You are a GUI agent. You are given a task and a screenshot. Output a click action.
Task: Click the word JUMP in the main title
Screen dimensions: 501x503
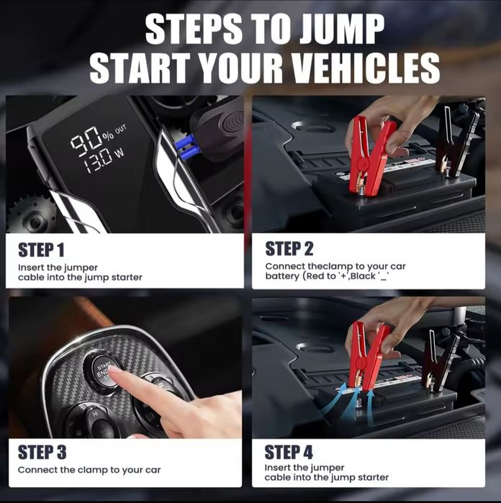pos(342,30)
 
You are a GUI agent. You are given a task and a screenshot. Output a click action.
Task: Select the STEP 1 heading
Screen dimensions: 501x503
pos(41,250)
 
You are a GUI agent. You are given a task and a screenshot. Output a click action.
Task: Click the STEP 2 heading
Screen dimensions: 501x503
pos(289,249)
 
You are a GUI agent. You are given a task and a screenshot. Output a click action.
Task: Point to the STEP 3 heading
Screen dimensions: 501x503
pos(42,453)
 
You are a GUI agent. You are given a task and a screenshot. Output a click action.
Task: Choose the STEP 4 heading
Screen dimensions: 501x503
pos(289,453)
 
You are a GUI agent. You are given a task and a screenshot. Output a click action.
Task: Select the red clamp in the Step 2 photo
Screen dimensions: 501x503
pos(369,154)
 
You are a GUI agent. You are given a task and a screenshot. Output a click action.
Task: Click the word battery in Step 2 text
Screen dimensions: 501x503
pos(281,276)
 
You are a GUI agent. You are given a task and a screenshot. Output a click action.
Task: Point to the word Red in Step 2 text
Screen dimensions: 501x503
pos(316,276)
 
